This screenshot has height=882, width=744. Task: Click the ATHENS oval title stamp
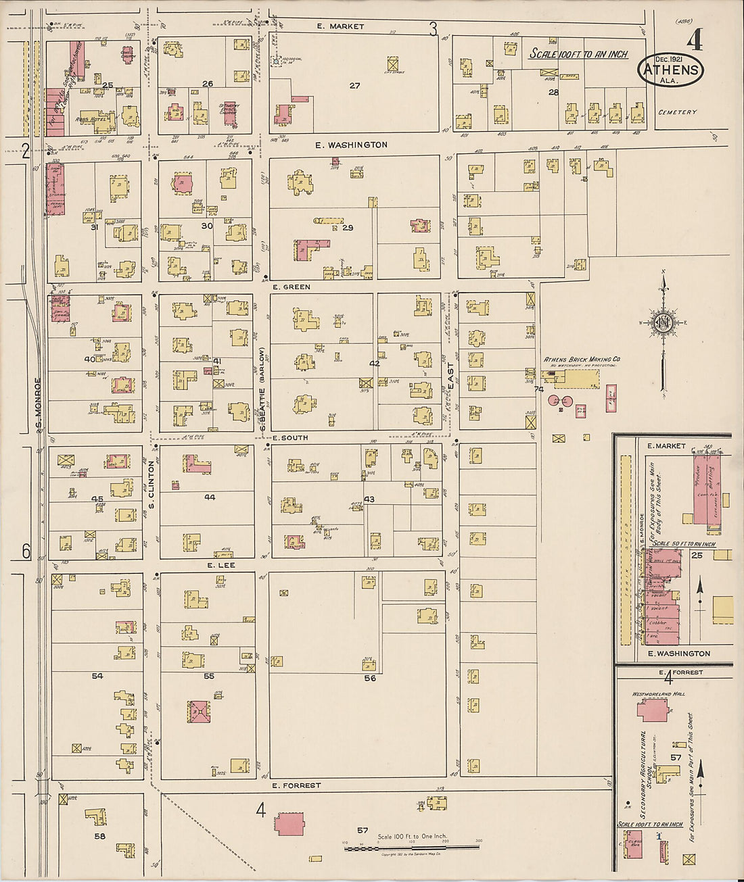coord(670,70)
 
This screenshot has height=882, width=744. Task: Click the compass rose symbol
coord(664,322)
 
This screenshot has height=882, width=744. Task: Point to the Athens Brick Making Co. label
coord(582,360)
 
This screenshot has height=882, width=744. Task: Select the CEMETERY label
coord(677,112)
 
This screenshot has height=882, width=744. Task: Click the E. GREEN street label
coord(292,287)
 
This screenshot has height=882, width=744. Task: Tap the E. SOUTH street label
coord(290,438)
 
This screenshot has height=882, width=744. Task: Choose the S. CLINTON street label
coord(152,485)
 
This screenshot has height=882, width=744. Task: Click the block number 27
coord(354,85)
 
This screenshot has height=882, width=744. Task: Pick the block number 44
coord(210,497)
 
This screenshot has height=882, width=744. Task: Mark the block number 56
coord(369,678)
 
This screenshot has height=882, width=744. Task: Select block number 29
coord(348,228)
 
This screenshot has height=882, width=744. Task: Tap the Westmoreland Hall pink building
coord(652,710)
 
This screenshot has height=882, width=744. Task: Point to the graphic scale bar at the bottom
coord(411,847)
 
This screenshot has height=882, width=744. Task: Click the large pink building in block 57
coord(289,825)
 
